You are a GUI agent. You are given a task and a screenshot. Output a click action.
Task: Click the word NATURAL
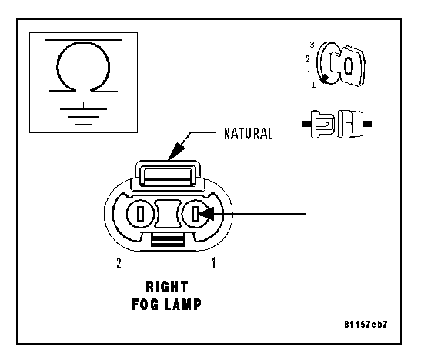pos(248,134)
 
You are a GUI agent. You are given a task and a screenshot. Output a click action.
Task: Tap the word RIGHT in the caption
pos(167,287)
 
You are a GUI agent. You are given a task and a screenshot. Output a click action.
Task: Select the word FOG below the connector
pos(145,304)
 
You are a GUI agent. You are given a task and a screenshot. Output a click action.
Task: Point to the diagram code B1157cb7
pos(366,325)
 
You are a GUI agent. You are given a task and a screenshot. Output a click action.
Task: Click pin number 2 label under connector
pos(119,263)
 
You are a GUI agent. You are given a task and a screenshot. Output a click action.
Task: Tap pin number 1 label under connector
pos(214,263)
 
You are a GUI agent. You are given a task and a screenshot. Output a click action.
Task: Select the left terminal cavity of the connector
pos(140,214)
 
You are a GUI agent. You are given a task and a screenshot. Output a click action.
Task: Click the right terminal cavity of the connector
pos(195,214)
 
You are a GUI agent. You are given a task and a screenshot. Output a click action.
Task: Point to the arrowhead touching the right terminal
pos(206,214)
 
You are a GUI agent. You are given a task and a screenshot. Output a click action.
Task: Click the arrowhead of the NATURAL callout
pos(176,151)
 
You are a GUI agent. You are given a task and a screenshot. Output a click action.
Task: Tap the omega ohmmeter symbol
pos(83,67)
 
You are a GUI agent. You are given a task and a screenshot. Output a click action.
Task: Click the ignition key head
pos(352,66)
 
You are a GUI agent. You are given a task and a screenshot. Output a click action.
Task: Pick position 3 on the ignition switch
pos(312,45)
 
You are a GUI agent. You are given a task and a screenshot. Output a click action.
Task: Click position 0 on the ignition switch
pos(315,85)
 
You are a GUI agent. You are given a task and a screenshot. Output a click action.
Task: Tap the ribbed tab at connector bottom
pos(168,239)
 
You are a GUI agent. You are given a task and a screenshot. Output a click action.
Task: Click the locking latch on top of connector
pos(168,174)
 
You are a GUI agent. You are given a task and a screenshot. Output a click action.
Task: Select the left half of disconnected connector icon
pos(319,124)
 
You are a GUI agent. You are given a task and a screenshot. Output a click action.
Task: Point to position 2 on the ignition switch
pos(308,58)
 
